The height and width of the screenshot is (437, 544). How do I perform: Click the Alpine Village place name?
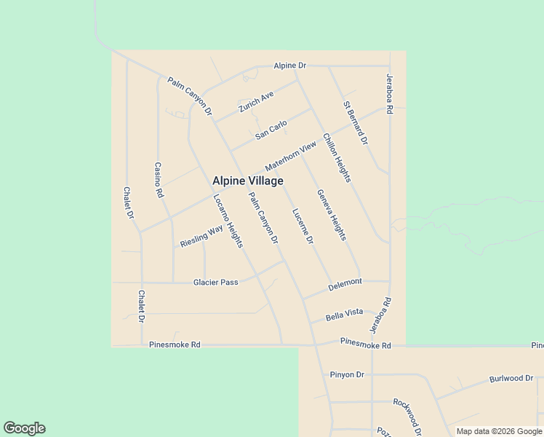click(247, 181)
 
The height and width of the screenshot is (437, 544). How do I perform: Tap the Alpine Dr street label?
click(289, 66)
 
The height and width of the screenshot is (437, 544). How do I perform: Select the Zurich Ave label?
click(256, 103)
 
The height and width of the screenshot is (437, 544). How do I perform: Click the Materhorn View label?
click(291, 157)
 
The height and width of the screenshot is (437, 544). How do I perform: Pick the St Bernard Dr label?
click(356, 122)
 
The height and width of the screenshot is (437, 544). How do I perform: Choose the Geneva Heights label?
click(332, 216)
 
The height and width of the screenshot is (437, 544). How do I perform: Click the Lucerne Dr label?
click(303, 226)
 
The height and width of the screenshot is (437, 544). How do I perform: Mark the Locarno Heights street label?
click(228, 221)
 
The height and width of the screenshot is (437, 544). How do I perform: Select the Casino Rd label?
click(159, 180)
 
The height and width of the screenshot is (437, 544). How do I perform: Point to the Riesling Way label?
click(201, 236)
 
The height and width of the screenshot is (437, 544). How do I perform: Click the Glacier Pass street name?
click(215, 282)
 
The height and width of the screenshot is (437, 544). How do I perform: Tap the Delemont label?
click(345, 286)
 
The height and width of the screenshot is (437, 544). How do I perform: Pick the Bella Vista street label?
click(344, 313)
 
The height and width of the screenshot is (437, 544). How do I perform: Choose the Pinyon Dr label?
click(346, 374)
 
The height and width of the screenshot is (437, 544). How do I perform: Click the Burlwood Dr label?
click(511, 379)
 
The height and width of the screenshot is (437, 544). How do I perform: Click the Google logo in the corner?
click(24, 428)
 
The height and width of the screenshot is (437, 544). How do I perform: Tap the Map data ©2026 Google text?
click(500, 431)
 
